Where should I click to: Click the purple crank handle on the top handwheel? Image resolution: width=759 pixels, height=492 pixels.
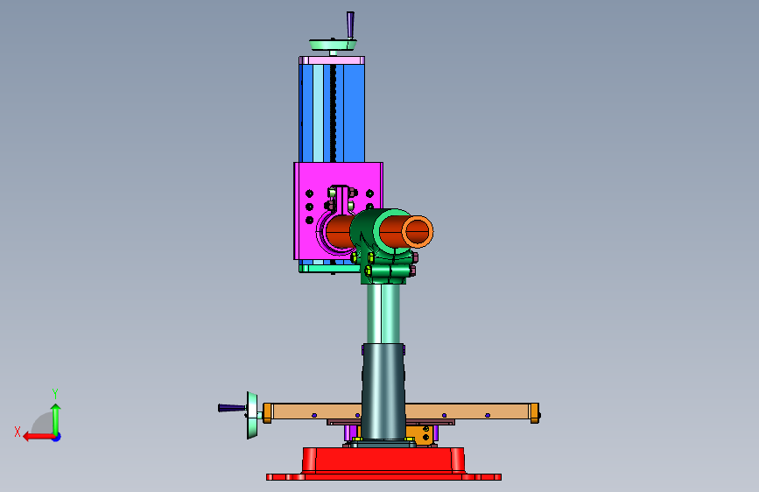click(x=350, y=25)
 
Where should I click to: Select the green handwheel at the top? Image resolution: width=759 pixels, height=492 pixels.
click(x=333, y=45)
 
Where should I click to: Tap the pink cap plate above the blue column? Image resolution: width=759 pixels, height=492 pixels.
click(x=332, y=60)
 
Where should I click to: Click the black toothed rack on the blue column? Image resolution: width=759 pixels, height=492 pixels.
click(x=333, y=113)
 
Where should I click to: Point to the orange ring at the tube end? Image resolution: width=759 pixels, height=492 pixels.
click(x=418, y=231)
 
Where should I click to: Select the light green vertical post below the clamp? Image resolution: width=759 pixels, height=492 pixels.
click(x=383, y=313)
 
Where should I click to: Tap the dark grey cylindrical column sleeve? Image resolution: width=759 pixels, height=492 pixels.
click(x=383, y=391)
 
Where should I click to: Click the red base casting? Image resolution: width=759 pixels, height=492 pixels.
click(x=383, y=464)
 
